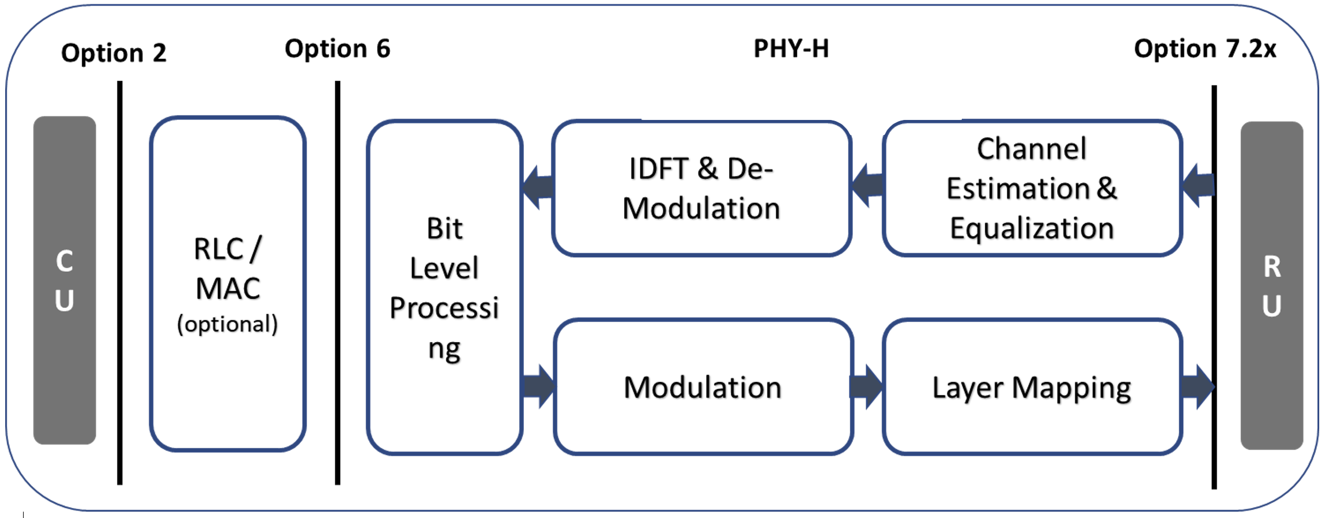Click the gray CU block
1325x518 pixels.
[65, 280]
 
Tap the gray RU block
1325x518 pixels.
[1271, 286]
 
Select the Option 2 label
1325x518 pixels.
[114, 53]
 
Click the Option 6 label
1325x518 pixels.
[338, 49]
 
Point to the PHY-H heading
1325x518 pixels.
[791, 49]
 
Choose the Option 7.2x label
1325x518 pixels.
[1205, 49]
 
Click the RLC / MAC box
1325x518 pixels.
[228, 284]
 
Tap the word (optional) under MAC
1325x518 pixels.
[228, 324]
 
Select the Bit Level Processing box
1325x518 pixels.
[445, 287]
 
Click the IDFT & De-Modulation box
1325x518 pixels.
[702, 188]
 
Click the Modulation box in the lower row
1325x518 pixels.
[703, 387]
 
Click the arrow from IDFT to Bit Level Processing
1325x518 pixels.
[538, 187]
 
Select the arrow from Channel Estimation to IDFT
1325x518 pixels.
[867, 186]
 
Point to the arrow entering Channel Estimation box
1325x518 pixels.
[1198, 186]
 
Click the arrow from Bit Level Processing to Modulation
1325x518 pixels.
[538, 386]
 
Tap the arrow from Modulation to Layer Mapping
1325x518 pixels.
[866, 386]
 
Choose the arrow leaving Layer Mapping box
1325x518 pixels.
[1198, 386]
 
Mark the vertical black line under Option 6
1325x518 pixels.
[338, 283]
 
